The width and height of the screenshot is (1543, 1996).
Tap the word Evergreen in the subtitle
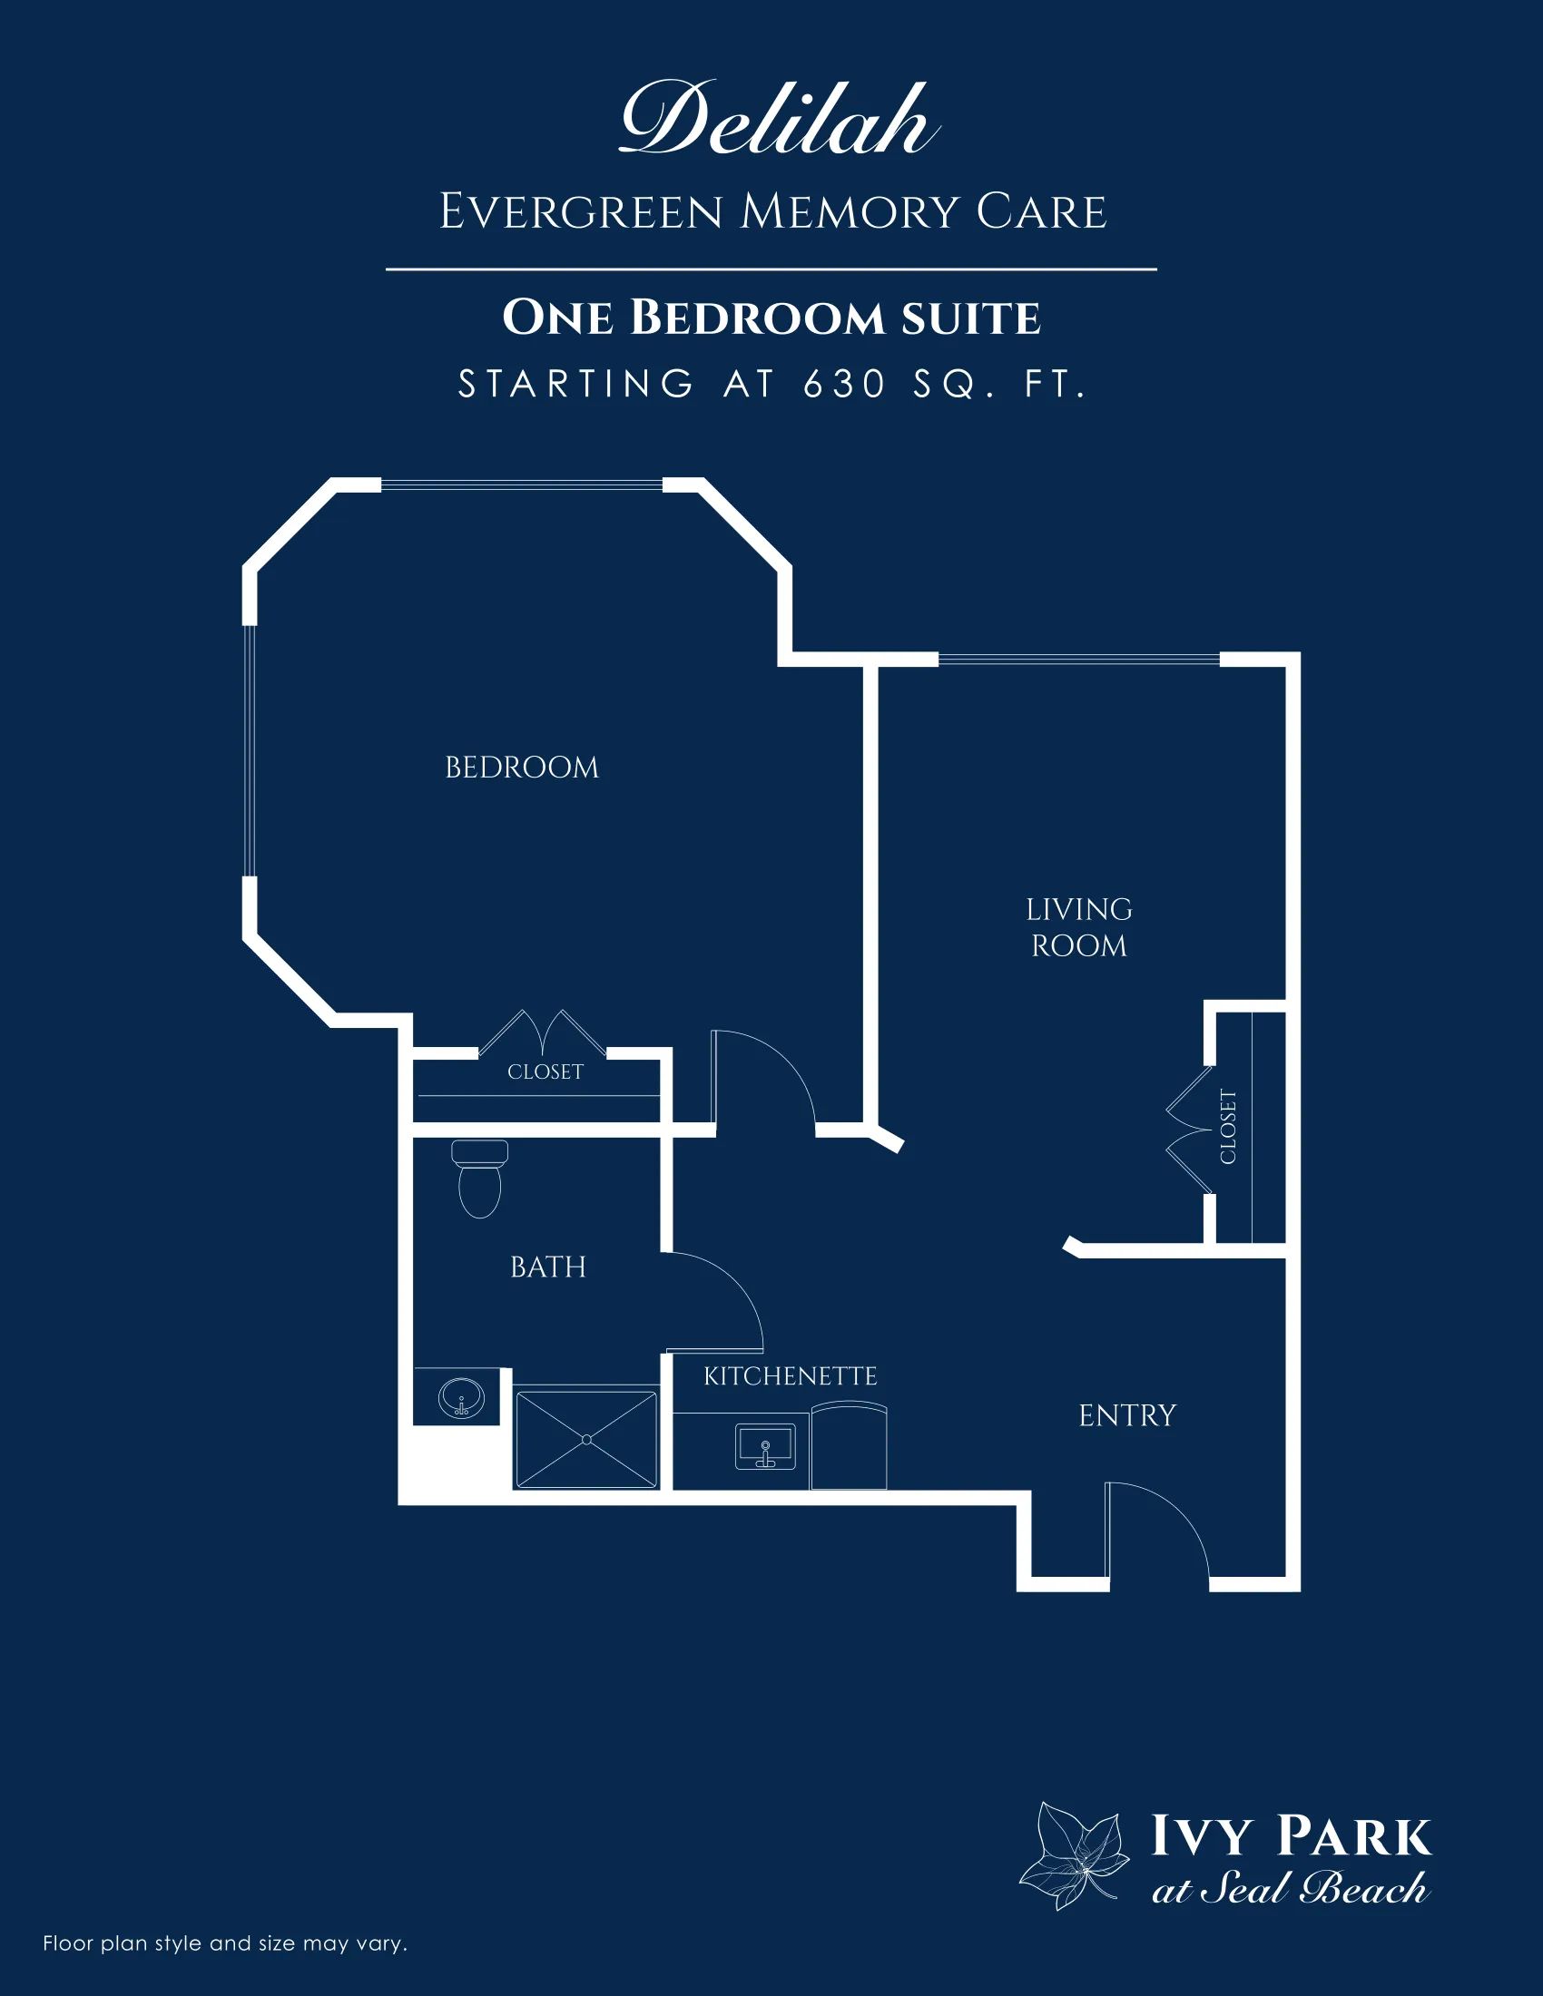tap(582, 212)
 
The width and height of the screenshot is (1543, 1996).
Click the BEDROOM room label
tap(522, 768)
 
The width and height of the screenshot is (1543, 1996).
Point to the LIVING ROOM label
tap(1078, 927)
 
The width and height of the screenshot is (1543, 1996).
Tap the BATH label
tap(547, 1267)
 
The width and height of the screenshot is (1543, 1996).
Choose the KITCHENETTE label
tap(790, 1376)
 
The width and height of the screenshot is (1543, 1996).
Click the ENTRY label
tap(1127, 1415)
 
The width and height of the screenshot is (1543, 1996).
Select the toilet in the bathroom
tap(479, 1178)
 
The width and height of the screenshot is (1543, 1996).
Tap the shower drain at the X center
tap(586, 1440)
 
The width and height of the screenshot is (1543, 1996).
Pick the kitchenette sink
tap(765, 1447)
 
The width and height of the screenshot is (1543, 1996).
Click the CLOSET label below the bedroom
tap(545, 1072)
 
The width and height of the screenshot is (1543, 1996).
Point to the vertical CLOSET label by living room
tap(1228, 1127)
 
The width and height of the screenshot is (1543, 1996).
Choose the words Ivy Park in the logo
tap(1290, 1835)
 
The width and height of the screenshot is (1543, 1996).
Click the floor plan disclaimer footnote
tap(225, 1943)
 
